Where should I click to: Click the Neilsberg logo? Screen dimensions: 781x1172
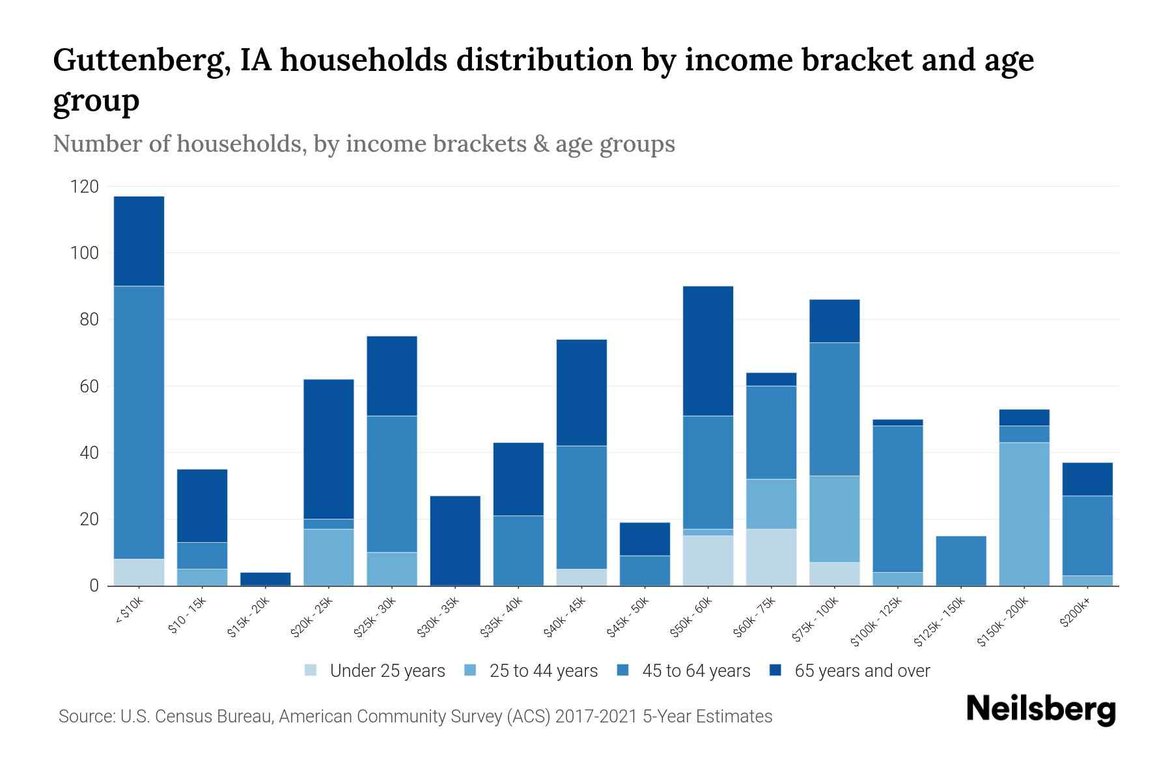click(1040, 709)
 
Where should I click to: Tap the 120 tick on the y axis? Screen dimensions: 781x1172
click(84, 187)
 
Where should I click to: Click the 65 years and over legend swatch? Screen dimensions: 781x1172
click(775, 670)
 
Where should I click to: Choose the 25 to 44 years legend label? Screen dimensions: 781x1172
click(543, 671)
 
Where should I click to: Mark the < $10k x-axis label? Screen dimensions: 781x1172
click(129, 611)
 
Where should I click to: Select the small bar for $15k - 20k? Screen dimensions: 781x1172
click(266, 579)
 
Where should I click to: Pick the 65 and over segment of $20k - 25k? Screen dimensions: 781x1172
click(329, 449)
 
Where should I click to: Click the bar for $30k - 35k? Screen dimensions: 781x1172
click(455, 540)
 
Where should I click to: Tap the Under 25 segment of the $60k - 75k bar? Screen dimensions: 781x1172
click(772, 557)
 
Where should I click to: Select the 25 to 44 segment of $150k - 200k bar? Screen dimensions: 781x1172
click(1024, 514)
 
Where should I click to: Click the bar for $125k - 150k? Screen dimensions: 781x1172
click(961, 560)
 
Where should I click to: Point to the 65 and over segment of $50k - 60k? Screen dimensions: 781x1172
click(708, 351)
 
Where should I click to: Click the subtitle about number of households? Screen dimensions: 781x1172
click(363, 144)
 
